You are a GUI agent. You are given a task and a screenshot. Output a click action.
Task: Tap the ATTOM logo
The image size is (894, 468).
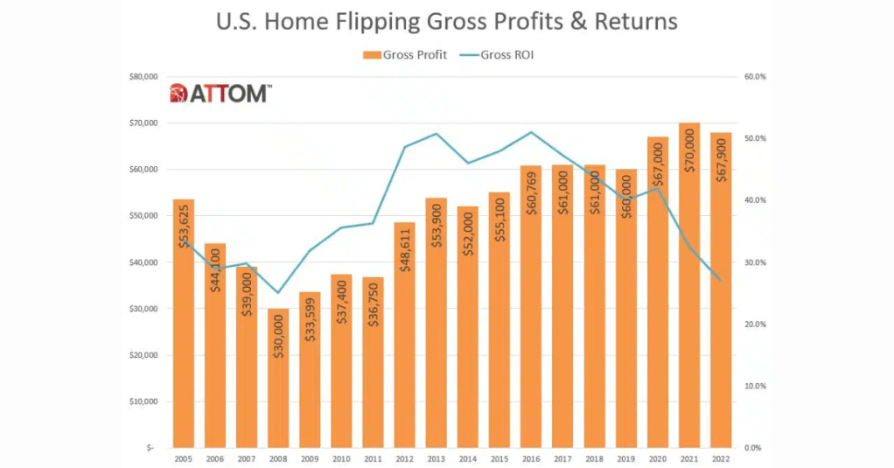[220, 93]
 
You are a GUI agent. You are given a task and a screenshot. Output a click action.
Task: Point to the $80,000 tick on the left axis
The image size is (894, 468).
[139, 77]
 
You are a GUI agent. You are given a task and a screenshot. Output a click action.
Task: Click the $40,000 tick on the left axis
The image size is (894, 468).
[139, 262]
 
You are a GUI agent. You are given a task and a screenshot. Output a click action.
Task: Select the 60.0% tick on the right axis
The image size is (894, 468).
[754, 77]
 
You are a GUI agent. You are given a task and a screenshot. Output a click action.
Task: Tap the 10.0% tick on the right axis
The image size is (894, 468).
[754, 386]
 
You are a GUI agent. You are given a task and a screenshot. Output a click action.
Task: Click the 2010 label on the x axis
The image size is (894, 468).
[341, 458]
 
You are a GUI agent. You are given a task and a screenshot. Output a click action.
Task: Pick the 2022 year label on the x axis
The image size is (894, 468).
[721, 458]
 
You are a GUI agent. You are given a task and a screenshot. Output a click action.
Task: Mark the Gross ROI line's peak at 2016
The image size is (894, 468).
[531, 132]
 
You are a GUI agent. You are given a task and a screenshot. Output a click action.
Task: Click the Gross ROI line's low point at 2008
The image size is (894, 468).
[278, 292]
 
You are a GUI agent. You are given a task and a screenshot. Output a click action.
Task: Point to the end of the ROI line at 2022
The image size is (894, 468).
[721, 280]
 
